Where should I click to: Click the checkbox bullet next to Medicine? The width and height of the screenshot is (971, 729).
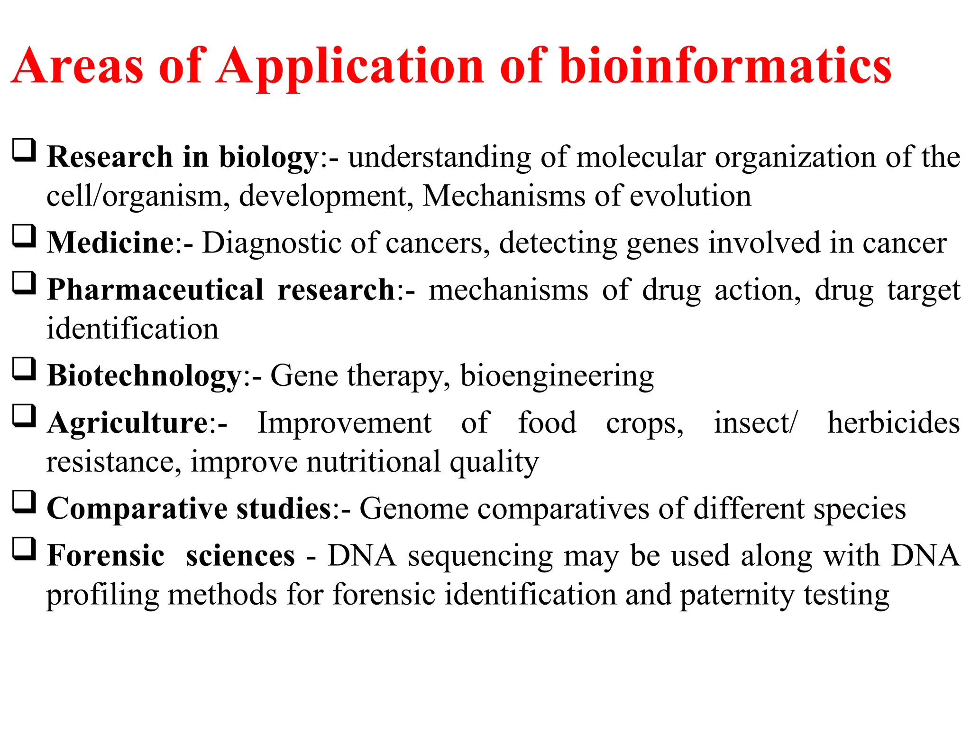point(24,236)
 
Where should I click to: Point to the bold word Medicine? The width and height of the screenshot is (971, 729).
point(111,243)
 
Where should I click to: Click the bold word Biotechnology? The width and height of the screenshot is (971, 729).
point(145,376)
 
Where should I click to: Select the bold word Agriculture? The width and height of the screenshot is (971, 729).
point(127,423)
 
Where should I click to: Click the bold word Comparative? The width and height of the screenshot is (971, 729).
point(137,509)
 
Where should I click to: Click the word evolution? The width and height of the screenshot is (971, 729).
point(690,196)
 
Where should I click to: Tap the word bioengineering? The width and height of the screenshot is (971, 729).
point(557,376)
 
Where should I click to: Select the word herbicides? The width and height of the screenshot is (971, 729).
point(893,423)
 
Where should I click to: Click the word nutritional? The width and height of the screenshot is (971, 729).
point(374,462)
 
